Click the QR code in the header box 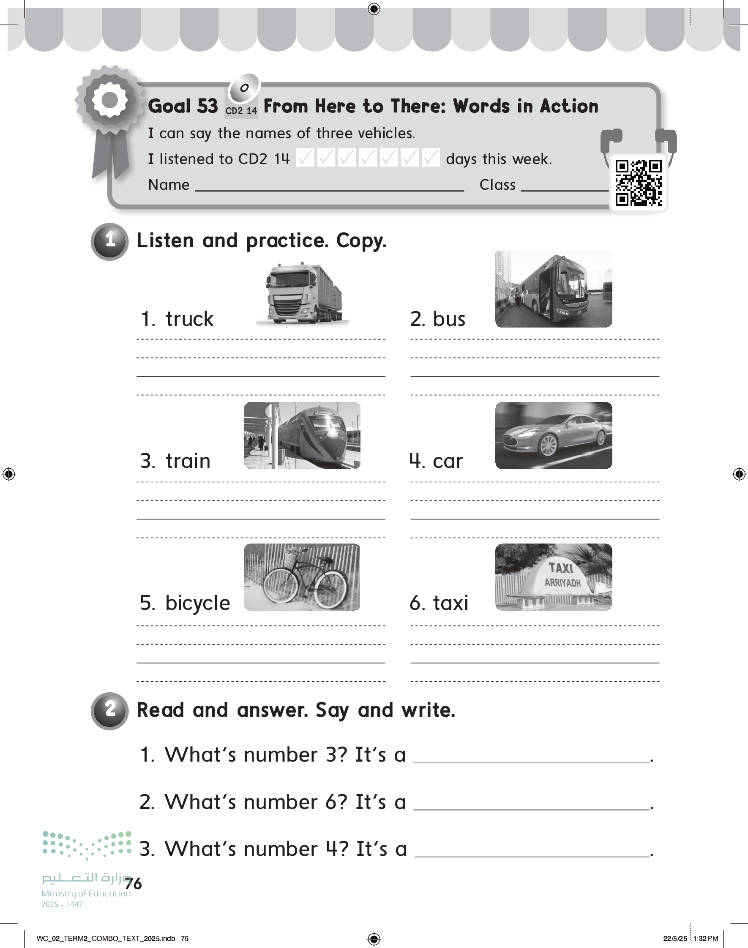point(639,183)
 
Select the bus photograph point(554,289)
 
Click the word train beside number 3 point(188,461)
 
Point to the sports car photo point(554,435)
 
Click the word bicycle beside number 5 point(197,604)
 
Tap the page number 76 point(133,884)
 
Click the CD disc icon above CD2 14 point(244,87)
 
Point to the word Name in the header point(169,185)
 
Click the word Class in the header point(497,185)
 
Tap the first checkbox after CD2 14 point(305,158)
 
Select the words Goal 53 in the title point(183,106)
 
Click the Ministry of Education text point(86,893)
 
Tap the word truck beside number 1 point(189,319)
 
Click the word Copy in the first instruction point(361,241)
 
